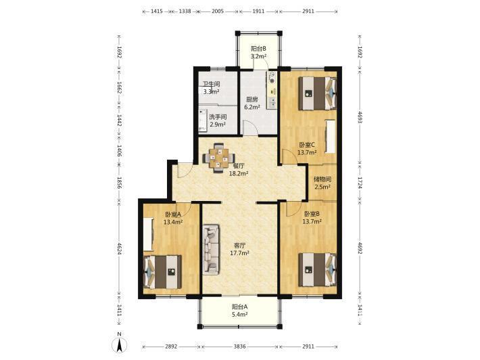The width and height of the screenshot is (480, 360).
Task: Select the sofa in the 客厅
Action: (211, 250)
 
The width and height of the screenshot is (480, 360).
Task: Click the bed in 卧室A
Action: (162, 272)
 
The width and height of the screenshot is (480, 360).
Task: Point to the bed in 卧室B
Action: (318, 269)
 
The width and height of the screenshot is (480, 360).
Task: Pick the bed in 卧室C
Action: (318, 93)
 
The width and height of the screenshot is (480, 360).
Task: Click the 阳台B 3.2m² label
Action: (258, 52)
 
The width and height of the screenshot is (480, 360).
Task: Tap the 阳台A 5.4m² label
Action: (240, 311)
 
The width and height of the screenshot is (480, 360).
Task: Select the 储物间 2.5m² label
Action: (322, 183)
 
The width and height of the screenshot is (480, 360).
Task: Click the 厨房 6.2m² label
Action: (252, 104)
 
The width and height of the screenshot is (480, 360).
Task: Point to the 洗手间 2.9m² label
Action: (218, 120)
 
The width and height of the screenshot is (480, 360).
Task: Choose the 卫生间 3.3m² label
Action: (212, 87)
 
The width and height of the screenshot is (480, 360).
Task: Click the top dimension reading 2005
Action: (218, 12)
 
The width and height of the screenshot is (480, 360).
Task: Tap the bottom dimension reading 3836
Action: (240, 346)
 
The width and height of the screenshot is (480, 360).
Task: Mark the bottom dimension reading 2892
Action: (171, 346)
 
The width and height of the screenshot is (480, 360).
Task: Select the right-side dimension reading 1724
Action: (360, 183)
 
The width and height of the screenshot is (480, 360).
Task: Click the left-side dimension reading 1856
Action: (120, 183)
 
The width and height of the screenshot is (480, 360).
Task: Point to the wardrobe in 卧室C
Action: (331, 136)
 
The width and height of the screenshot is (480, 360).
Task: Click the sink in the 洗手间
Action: (202, 120)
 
